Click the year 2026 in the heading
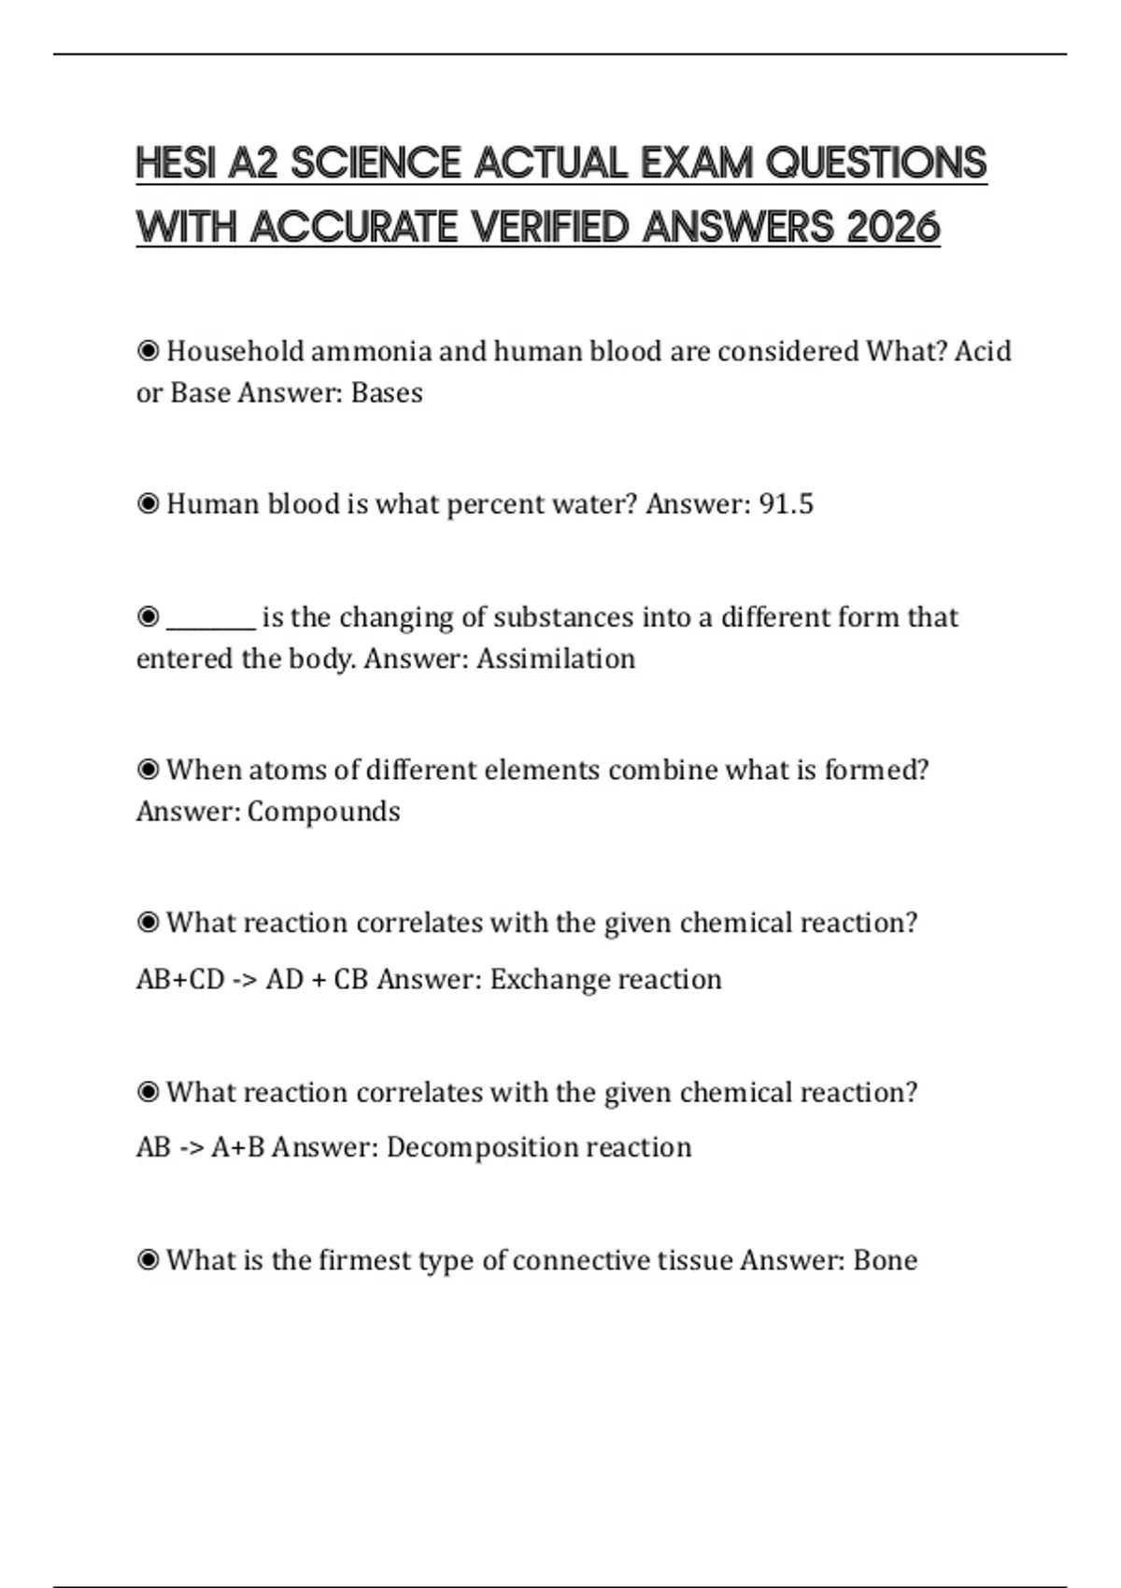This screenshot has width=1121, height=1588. point(893,227)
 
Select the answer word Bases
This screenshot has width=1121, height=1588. point(387,392)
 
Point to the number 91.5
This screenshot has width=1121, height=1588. point(786,504)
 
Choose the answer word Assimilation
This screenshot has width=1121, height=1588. point(556,659)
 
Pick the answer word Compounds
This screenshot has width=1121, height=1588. point(324,812)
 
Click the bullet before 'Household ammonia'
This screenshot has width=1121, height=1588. point(148,351)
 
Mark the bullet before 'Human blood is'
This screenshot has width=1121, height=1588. point(148,504)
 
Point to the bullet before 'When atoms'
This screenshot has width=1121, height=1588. point(148,770)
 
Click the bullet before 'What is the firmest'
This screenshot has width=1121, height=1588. point(148,1260)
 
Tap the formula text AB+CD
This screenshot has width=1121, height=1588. point(180,979)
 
